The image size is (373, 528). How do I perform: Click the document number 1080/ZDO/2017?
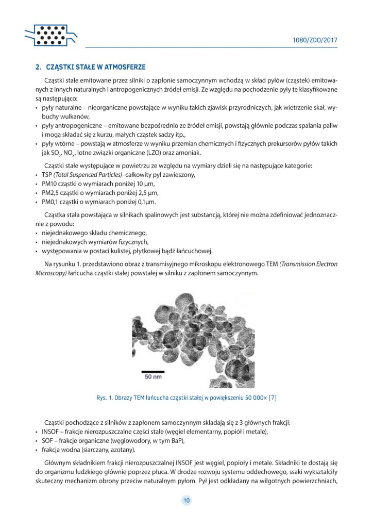[314, 40]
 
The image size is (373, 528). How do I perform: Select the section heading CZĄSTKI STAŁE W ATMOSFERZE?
[96, 67]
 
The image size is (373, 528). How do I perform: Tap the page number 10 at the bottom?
[186, 500]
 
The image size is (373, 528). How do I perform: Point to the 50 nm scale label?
[153, 377]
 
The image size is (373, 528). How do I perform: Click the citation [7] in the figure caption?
[272, 398]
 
